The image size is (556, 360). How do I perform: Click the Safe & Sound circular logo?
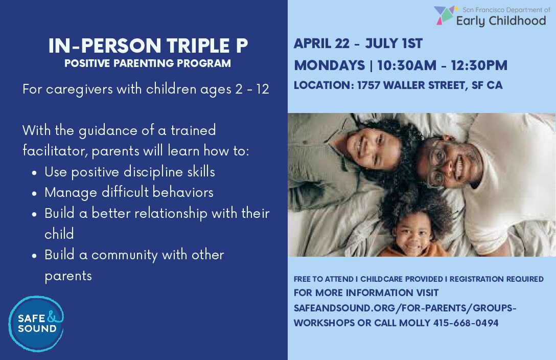[36, 324]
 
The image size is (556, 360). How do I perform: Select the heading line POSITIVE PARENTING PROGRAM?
[148, 63]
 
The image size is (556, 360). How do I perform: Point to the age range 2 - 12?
[252, 89]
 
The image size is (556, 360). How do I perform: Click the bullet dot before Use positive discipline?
[34, 173]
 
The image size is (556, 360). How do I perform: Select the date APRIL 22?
[321, 43]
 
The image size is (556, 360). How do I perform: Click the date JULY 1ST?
[394, 43]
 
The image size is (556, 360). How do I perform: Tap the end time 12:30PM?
[479, 65]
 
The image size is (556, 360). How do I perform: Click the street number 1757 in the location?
[368, 85]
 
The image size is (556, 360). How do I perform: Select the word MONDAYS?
[330, 65]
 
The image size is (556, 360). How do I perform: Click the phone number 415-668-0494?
[466, 323]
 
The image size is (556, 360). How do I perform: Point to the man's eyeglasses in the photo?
[437, 163]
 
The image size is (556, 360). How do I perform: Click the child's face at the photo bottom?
[413, 234]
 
